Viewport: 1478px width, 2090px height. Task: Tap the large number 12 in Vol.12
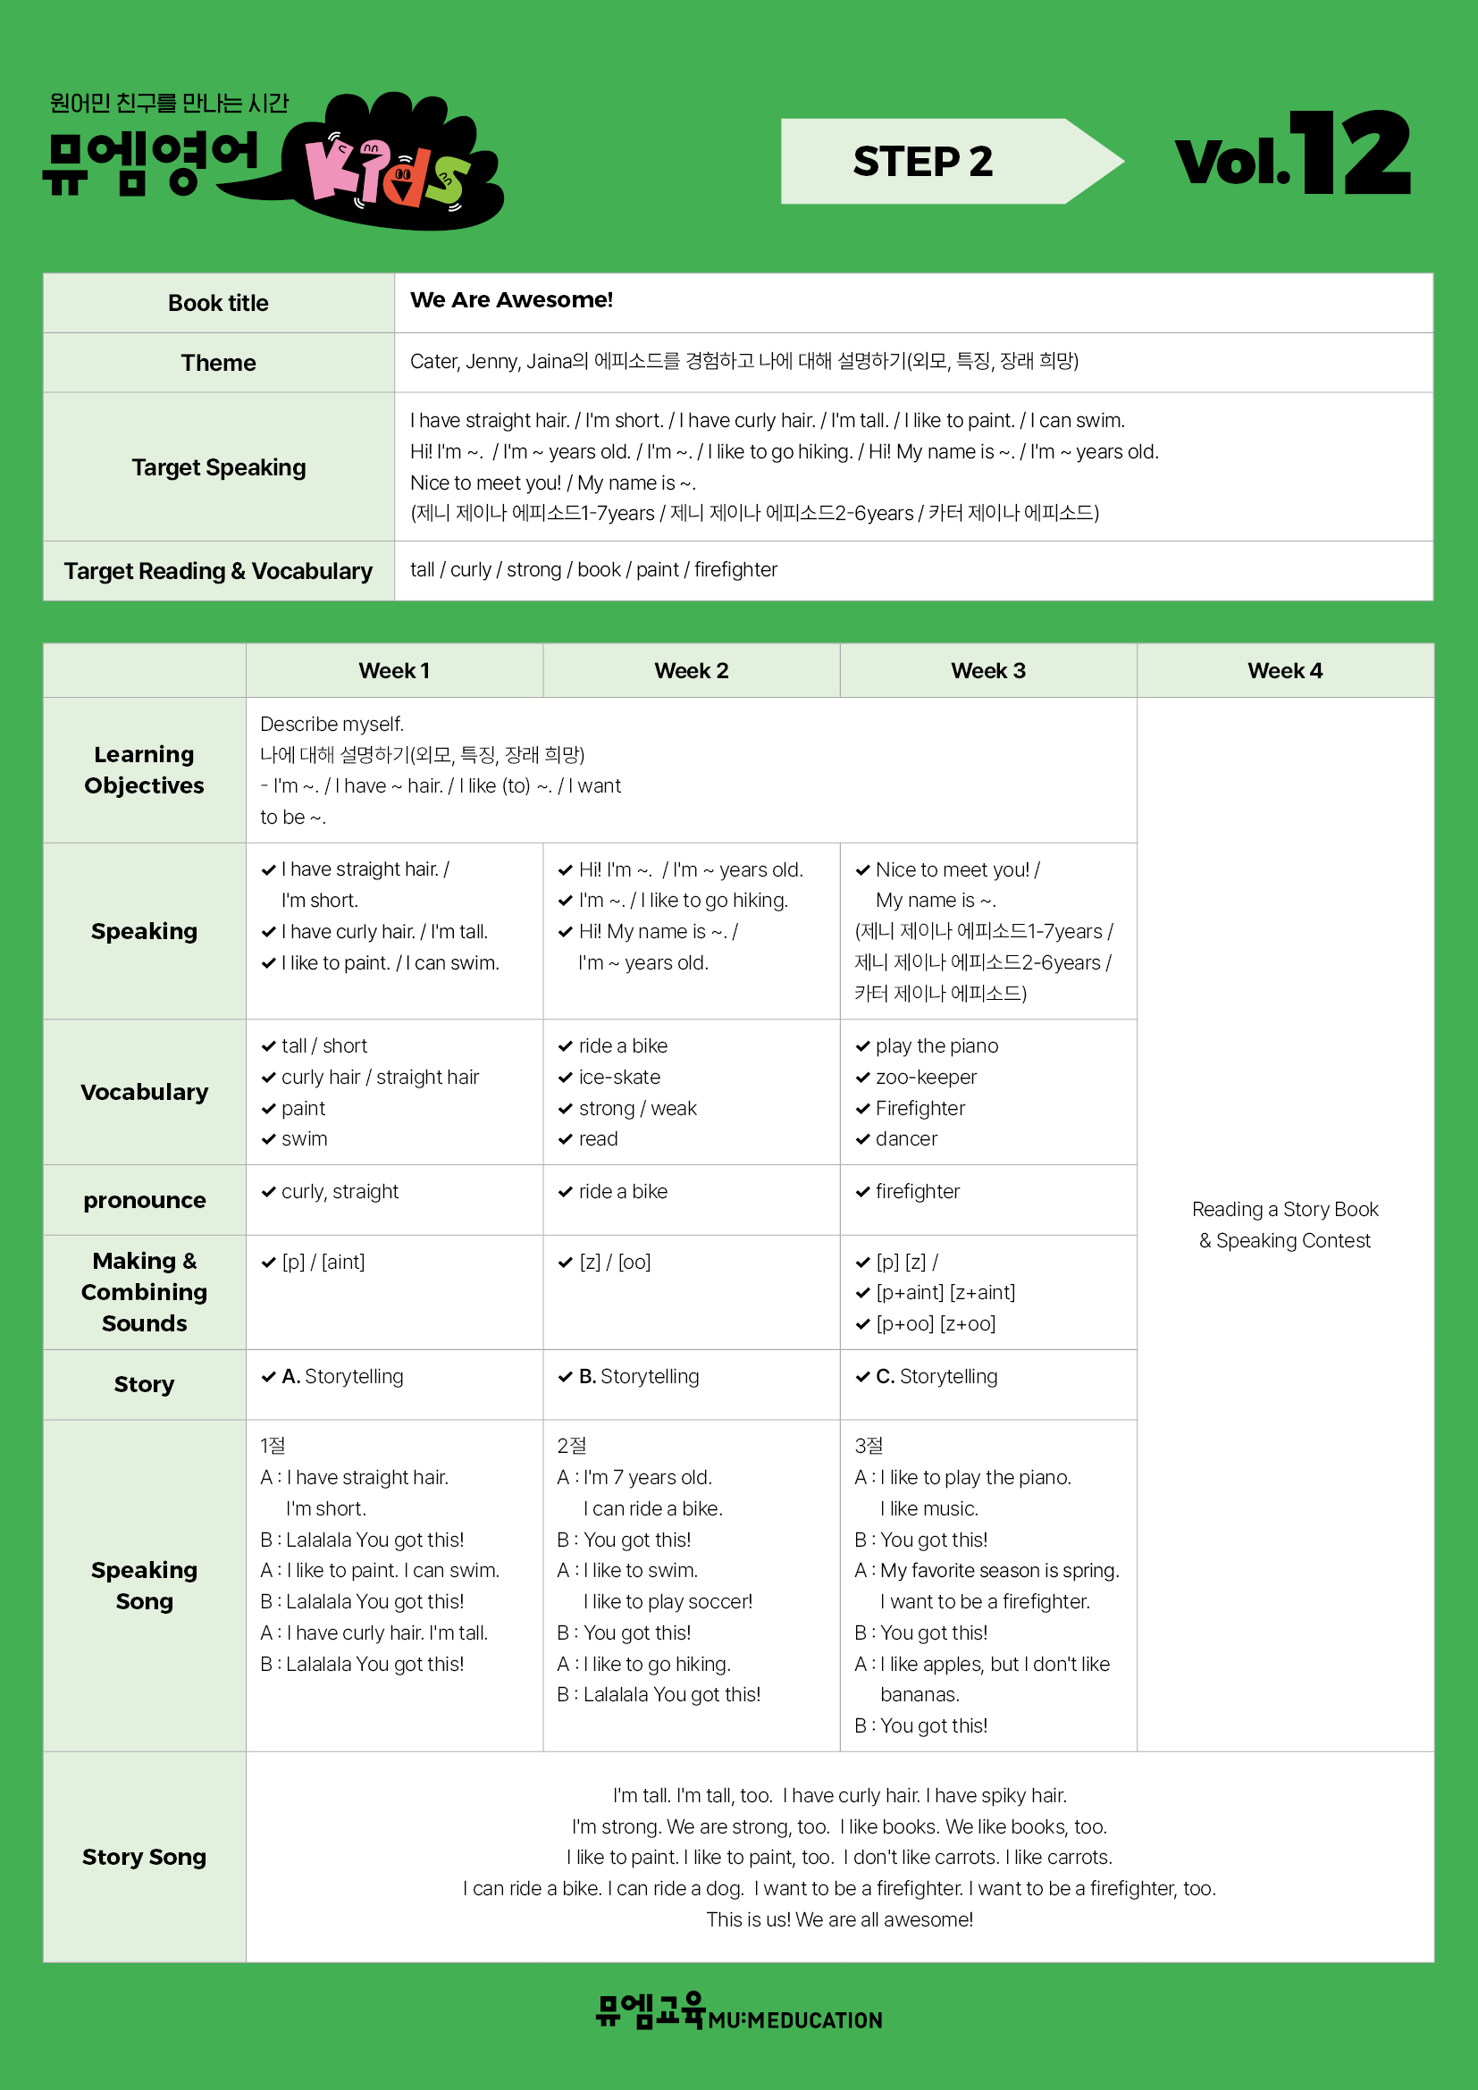1350,153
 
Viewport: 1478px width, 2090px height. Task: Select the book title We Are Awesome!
511,300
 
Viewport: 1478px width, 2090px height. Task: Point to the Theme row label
218,363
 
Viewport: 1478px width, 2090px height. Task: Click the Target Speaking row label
218,468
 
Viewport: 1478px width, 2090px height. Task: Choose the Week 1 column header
394,671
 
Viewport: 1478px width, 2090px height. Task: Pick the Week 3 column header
987,671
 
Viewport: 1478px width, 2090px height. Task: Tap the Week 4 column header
1284,671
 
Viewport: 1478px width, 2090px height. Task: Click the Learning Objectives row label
144,770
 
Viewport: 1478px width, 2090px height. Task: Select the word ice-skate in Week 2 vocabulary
619,1078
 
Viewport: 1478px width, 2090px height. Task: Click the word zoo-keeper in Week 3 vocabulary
926,1078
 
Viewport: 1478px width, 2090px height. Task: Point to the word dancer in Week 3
905,1139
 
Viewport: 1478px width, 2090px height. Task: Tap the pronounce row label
144,1201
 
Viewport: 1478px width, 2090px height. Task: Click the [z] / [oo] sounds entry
614,1263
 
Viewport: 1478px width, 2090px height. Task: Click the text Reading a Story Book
1284,1210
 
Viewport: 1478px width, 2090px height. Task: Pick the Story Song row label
144,1857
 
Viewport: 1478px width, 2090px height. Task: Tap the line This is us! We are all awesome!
839,1919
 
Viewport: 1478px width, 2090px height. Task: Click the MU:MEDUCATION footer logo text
794,2021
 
